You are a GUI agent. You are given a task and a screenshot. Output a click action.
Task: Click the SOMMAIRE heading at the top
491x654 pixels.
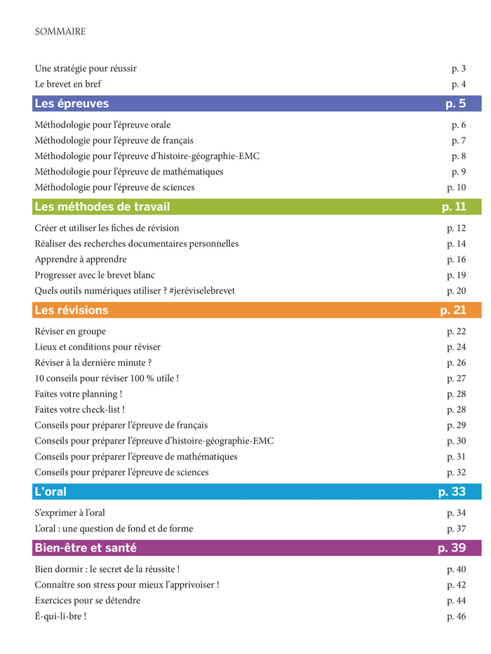60,32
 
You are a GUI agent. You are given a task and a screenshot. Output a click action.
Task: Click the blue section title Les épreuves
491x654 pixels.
72,104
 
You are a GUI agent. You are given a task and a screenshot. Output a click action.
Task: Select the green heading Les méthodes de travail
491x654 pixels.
102,207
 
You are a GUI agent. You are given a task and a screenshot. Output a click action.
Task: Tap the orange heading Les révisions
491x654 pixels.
72,310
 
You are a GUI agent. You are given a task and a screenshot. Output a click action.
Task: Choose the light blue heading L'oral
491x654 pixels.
51,491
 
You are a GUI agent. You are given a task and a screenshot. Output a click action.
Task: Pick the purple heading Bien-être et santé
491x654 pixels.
86,547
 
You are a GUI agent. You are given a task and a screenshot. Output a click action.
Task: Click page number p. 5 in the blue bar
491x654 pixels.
455,104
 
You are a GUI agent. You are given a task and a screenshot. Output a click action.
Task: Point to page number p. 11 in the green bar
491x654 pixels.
454,207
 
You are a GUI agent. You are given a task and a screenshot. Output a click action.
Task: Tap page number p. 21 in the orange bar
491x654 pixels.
453,310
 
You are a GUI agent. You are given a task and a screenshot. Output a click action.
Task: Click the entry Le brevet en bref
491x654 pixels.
68,84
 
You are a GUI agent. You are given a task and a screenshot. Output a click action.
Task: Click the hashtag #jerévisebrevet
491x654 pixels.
202,290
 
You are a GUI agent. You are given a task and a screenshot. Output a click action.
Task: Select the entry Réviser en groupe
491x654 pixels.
70,332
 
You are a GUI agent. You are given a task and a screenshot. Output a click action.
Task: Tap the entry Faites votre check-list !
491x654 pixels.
80,409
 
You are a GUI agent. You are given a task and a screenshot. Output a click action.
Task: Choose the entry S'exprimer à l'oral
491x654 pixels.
70,513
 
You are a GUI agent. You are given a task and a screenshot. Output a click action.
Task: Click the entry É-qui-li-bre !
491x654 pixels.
60,616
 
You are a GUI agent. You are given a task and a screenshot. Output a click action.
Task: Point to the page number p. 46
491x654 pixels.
456,616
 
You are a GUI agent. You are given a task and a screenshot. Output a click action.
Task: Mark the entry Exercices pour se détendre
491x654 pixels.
88,601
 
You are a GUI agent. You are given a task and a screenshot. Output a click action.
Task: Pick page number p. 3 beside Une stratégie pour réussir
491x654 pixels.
459,69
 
